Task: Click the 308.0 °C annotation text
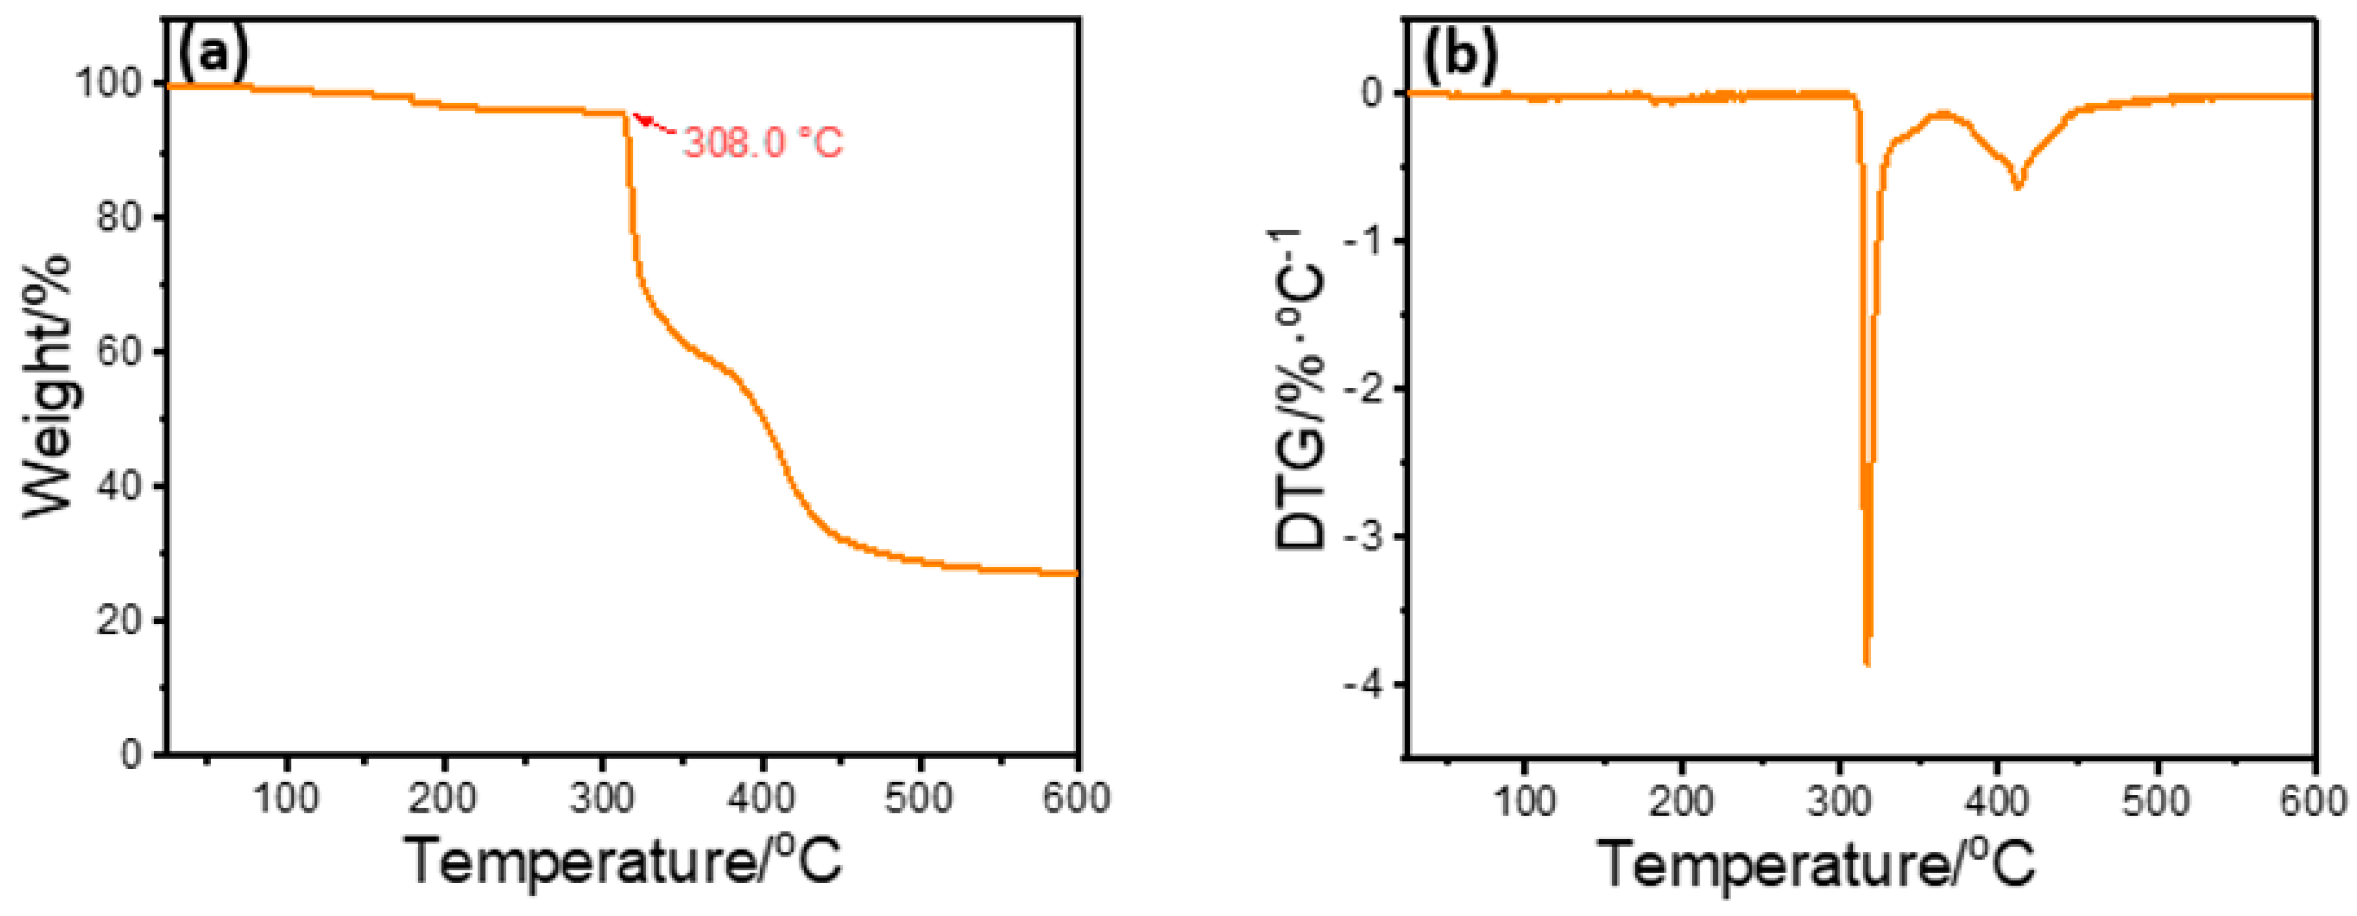point(762,143)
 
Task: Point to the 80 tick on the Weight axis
point(120,218)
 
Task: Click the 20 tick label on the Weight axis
point(120,621)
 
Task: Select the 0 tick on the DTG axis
point(1372,93)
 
